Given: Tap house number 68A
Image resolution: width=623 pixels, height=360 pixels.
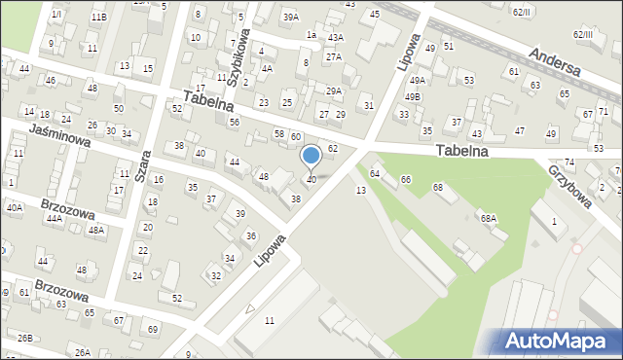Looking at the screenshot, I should click(488, 219).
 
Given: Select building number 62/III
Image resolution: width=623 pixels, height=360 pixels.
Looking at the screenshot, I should click(583, 35).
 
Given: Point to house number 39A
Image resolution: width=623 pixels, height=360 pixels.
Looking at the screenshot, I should click(290, 17).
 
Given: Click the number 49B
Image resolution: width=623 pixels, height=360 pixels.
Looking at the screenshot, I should click(413, 96).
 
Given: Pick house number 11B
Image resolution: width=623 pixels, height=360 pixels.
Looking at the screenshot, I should click(98, 17).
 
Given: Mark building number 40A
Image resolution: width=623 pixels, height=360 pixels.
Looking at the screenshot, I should click(14, 207).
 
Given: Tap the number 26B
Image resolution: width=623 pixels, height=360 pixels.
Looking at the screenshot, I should click(24, 338).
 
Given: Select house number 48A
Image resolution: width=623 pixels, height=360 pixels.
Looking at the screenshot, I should click(96, 231).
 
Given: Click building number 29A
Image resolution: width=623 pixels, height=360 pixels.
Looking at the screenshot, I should click(334, 90).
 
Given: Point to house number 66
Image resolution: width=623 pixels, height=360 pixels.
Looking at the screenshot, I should click(406, 180).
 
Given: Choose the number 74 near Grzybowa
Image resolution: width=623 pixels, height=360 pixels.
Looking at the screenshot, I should click(569, 162).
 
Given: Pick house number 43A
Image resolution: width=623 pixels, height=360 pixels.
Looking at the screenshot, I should click(336, 37).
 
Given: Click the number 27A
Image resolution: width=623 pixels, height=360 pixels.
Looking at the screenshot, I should click(334, 57).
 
